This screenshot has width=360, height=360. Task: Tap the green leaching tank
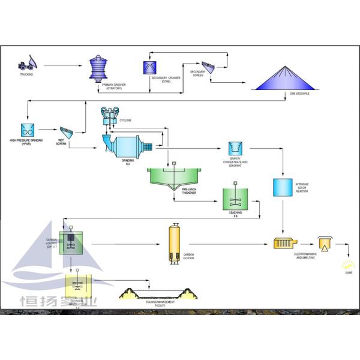pyautogui.click(x=235, y=198)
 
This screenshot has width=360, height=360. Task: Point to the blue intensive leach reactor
pyautogui.click(x=281, y=188)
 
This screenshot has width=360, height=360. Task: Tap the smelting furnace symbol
pyautogui.click(x=324, y=243)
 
